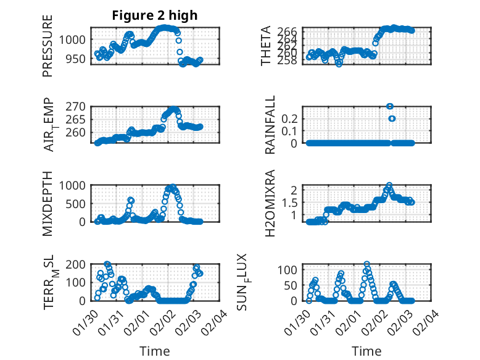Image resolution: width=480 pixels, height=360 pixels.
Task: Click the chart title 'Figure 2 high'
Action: [x=154, y=15]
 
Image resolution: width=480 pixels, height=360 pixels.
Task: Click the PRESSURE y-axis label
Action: [x=48, y=46]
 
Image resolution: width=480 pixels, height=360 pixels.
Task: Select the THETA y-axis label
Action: [x=266, y=46]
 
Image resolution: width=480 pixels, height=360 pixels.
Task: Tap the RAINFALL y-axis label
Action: [x=270, y=125]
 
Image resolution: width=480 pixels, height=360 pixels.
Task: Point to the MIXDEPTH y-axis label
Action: [x=48, y=204]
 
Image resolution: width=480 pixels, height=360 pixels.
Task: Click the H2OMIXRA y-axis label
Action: [x=270, y=204]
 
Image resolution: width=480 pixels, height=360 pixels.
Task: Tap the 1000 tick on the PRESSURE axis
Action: [x=76, y=40]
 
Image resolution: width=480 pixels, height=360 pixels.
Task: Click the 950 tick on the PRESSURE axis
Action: [x=79, y=59]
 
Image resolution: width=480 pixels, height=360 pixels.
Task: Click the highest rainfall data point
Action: [x=389, y=106]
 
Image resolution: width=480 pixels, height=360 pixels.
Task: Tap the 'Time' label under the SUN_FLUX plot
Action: [x=366, y=351]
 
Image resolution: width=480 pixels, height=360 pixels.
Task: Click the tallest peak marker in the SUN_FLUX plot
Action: [x=367, y=264]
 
